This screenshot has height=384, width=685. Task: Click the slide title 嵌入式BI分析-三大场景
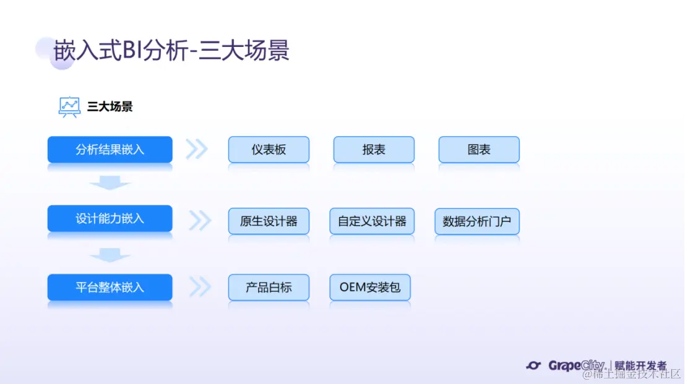171,51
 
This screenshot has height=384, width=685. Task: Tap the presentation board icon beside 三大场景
69,106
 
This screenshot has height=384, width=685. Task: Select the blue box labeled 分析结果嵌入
110,150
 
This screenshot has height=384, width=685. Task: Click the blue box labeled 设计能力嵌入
110,218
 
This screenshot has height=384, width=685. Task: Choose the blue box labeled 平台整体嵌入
110,287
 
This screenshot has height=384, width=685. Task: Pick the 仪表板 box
269,150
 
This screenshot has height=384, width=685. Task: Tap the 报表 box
374,150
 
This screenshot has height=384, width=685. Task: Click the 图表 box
479,150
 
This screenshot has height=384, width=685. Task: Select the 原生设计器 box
269,221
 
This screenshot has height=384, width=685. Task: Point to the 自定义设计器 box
372,221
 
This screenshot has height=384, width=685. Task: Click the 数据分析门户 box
476,221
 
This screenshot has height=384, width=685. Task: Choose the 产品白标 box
269,287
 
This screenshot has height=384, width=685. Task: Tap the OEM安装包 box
370,287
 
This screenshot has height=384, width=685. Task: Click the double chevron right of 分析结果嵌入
197,149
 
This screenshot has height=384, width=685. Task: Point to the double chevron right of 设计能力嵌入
200,220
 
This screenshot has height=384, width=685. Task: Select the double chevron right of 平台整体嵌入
200,286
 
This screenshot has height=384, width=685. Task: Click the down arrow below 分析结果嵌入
110,184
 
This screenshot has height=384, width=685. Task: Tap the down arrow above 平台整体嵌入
110,255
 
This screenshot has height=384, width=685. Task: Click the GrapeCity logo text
575,365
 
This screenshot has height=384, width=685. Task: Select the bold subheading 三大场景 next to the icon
110,106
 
